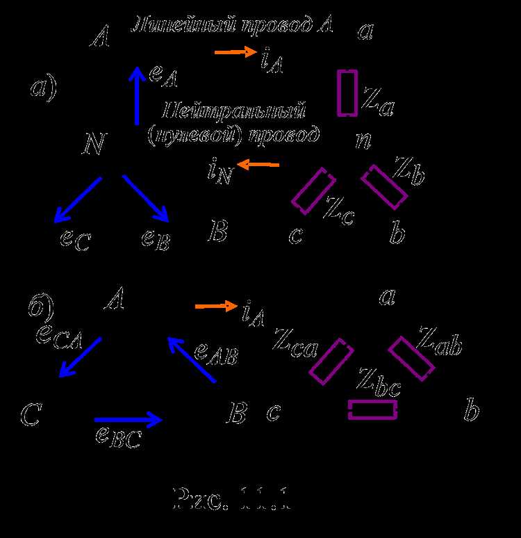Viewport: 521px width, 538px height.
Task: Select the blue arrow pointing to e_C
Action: click(x=78, y=199)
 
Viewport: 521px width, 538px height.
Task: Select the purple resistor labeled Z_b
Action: click(x=384, y=187)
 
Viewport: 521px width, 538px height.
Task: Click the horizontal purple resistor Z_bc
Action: click(x=372, y=410)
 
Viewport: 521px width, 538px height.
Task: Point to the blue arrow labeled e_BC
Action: click(x=128, y=419)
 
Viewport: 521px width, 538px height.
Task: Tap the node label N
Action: click(x=93, y=145)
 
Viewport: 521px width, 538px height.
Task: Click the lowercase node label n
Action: click(x=363, y=140)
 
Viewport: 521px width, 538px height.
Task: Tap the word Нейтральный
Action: click(x=235, y=110)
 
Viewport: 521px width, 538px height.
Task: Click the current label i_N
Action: click(x=219, y=171)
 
